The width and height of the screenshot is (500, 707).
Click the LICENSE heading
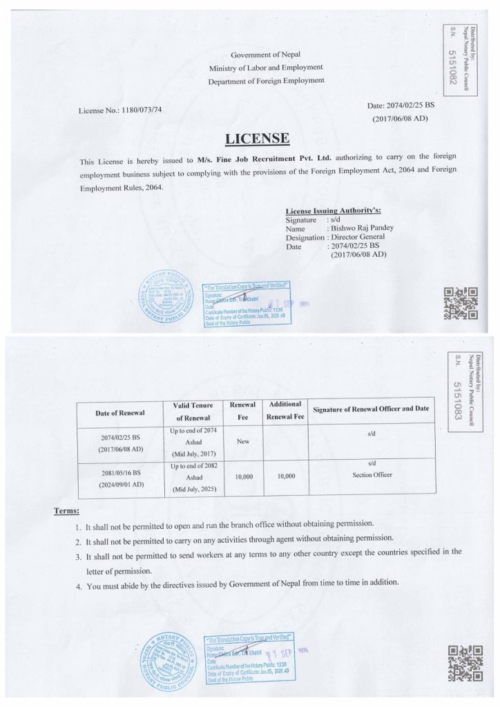click(257, 139)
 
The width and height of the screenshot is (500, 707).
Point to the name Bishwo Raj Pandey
click(360, 228)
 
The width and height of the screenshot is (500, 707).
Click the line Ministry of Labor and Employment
click(266, 68)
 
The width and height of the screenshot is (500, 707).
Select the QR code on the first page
click(461, 304)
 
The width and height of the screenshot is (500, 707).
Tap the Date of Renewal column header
click(119, 412)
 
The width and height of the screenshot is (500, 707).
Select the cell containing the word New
click(242, 441)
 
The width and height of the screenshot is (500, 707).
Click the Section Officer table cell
click(372, 475)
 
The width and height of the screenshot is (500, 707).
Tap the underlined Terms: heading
click(66, 511)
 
